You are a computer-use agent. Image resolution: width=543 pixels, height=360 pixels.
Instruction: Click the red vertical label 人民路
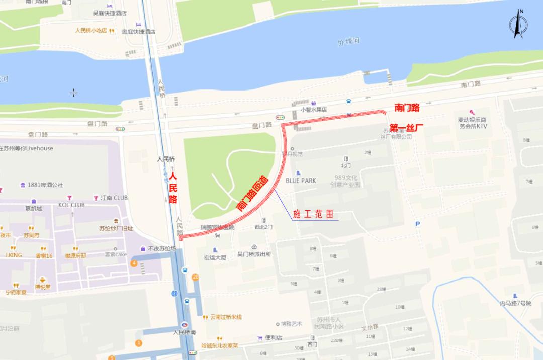click(x=173, y=188)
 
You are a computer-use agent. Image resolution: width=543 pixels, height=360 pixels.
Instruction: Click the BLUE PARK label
click(x=301, y=181)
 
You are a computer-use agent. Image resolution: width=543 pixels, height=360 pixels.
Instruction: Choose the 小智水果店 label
click(x=314, y=109)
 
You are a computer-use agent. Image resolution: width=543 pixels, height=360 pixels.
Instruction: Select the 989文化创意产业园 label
click(x=346, y=181)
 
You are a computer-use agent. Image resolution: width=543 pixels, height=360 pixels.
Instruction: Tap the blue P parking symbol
click(x=417, y=224)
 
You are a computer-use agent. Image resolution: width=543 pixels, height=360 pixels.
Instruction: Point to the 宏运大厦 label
click(x=215, y=257)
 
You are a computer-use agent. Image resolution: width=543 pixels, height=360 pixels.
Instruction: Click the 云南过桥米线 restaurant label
click(x=226, y=317)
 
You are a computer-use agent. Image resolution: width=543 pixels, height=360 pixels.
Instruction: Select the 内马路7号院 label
click(x=515, y=303)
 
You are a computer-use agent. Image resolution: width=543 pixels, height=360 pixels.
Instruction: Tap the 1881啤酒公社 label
click(x=45, y=185)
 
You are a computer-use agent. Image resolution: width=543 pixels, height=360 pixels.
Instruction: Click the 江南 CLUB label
click(x=114, y=198)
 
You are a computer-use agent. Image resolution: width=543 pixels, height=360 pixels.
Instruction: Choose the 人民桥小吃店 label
click(x=91, y=30)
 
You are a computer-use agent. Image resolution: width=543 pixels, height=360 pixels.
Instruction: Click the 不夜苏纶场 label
click(x=161, y=249)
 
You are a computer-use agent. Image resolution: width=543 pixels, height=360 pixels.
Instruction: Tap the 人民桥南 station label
click(x=185, y=332)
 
